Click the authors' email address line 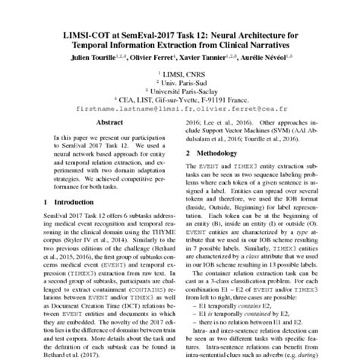tap(180, 109)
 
